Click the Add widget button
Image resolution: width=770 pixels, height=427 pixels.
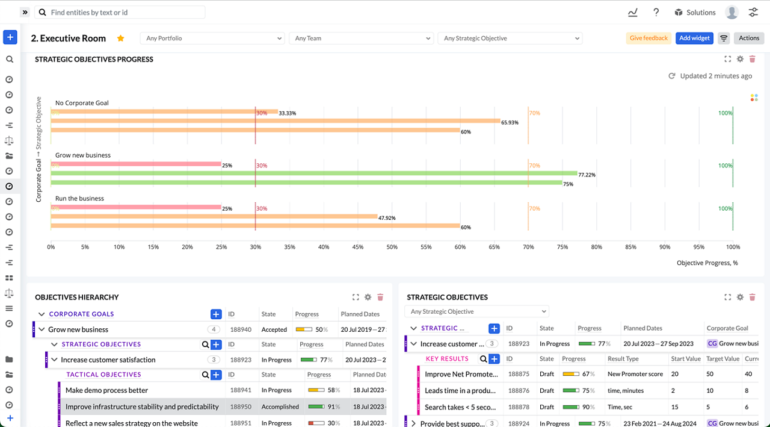694,38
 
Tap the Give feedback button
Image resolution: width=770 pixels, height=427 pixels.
648,38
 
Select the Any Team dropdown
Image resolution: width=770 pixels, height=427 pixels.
362,38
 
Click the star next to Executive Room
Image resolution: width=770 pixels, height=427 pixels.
120,38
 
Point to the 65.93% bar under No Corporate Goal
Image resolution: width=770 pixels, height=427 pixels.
276,121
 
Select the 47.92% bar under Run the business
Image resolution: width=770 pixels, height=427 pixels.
214,216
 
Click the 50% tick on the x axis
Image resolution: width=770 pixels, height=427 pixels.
392,247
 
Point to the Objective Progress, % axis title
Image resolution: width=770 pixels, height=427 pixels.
707,263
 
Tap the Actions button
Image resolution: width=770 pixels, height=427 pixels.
749,38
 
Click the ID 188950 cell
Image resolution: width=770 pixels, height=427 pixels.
241,407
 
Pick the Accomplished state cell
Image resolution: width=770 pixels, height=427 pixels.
280,407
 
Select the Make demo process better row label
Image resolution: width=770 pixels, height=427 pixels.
106,390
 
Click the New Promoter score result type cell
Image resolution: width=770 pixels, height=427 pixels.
635,374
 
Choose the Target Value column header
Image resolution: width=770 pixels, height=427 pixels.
722,358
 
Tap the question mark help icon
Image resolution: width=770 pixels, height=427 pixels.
656,12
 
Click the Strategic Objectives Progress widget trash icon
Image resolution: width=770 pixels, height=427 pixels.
752,59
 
